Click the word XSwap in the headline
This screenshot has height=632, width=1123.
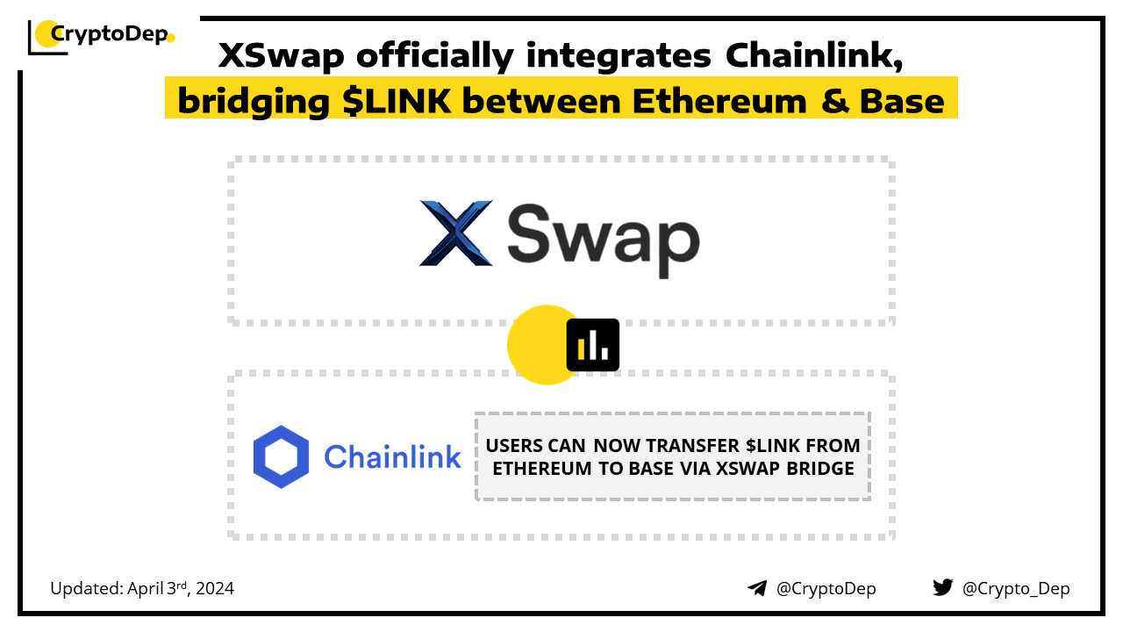click(282, 55)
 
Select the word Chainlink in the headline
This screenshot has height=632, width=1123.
click(813, 55)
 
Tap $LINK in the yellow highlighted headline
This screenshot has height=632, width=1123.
click(397, 101)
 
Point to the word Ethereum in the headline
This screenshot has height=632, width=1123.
click(719, 101)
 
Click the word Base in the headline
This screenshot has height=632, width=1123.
click(902, 101)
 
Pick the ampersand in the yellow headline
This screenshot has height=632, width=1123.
click(835, 101)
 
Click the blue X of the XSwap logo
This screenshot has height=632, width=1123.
click(455, 233)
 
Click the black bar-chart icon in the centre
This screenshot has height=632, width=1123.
click(592, 345)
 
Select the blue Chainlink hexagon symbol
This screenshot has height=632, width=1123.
click(281, 457)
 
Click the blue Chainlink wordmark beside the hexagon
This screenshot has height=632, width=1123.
click(392, 457)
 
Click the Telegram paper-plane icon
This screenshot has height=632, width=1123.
click(757, 588)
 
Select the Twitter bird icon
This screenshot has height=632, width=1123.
click(943, 587)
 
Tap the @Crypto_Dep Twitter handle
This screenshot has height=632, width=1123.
click(1016, 589)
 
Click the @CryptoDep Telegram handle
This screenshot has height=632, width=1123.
click(826, 589)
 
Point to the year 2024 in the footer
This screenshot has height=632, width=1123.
click(215, 588)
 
